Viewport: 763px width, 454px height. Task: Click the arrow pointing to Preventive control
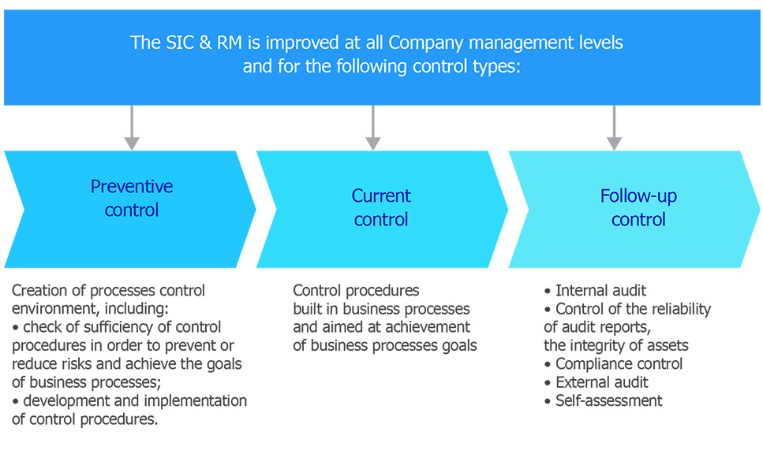(132, 128)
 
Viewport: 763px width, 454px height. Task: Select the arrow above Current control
(373, 128)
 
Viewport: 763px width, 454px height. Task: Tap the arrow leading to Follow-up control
(614, 128)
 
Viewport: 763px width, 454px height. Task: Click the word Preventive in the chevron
(132, 187)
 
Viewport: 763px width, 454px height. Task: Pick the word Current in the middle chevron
(381, 196)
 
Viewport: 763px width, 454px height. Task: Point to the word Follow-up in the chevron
(638, 196)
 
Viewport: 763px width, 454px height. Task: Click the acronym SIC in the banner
(180, 43)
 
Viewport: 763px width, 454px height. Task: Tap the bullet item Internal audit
(600, 291)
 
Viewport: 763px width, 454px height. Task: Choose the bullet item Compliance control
(619, 364)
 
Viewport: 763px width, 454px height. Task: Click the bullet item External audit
(601, 382)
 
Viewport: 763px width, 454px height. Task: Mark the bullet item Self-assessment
(608, 401)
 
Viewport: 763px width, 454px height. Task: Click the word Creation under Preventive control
(40, 291)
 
